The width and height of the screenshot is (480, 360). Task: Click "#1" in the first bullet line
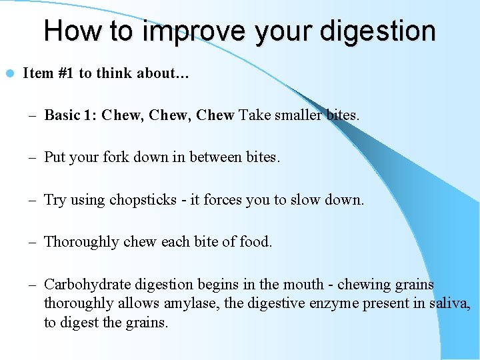[65, 73]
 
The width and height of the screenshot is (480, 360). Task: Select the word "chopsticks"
[142, 200]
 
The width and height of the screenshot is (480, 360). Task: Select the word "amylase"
[189, 304]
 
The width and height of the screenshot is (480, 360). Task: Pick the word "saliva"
[450, 304]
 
